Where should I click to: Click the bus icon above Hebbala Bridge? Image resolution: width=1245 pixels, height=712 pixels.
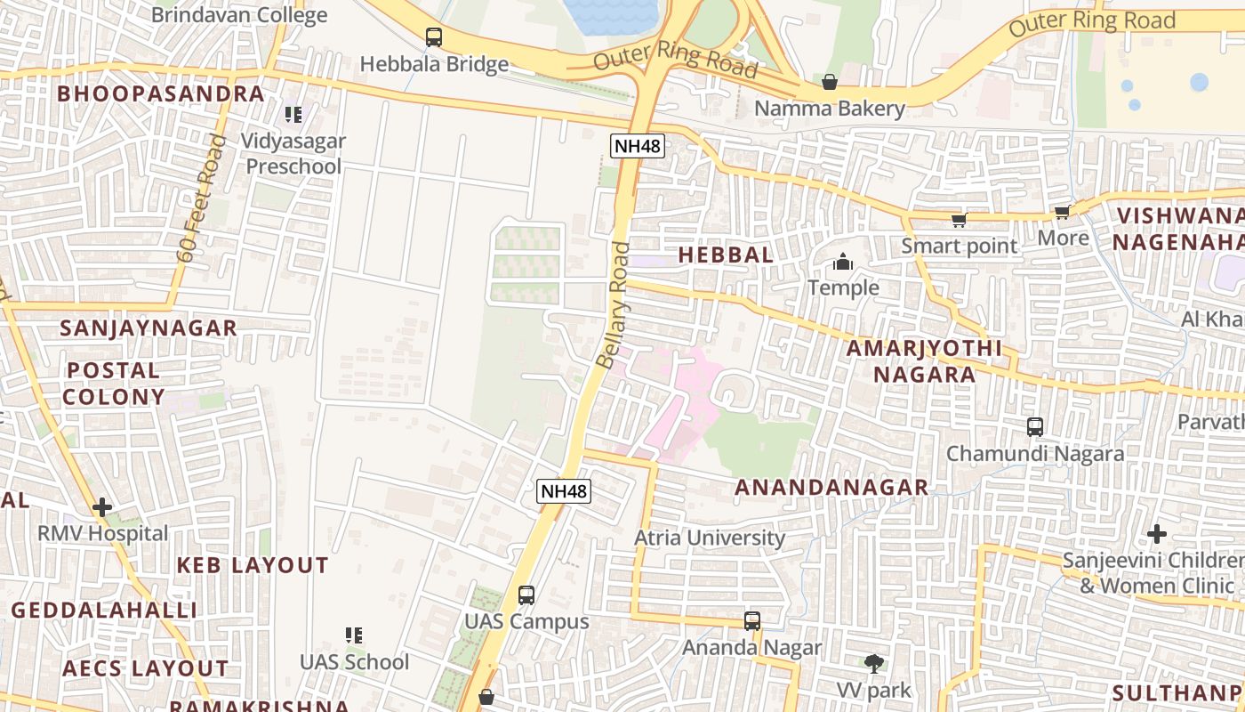tap(434, 37)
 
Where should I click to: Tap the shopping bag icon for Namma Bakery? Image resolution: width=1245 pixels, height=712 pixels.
tap(830, 82)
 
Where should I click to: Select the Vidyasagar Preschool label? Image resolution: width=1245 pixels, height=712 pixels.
tap(294, 153)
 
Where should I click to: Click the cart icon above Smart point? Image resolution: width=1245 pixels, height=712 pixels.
tap(959, 220)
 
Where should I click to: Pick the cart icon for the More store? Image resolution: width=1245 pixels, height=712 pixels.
tap(1062, 213)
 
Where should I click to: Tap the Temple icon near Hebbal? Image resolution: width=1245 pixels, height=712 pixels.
tap(843, 263)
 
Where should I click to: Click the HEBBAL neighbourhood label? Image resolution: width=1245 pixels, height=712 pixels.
tap(726, 255)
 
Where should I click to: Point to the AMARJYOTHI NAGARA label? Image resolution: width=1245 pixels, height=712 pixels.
tap(923, 360)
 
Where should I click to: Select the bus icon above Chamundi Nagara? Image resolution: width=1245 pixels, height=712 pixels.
tap(1035, 427)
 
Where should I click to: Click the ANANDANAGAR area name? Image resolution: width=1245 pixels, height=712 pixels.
tap(831, 487)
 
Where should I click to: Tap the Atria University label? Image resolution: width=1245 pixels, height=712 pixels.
tap(710, 538)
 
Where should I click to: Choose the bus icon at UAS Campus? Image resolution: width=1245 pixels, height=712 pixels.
tap(526, 595)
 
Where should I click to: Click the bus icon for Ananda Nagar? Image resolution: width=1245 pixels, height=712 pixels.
tap(752, 621)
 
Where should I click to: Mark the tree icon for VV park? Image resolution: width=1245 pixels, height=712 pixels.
tap(874, 663)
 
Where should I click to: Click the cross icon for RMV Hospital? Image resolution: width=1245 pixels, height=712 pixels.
tap(102, 507)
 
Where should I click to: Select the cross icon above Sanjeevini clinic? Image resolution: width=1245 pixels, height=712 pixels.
tap(1156, 534)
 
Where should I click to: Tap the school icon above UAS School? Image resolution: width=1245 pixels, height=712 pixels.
tap(354, 635)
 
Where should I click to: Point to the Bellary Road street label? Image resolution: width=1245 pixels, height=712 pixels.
tap(614, 305)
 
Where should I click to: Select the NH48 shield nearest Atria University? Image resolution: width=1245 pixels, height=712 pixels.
tap(565, 491)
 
